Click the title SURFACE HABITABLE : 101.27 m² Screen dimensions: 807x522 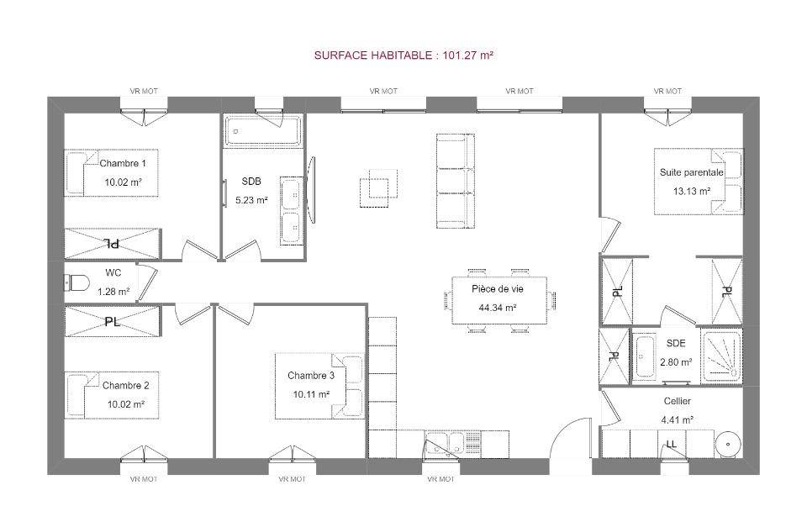point(403,55)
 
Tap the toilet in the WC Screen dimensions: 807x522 point(76,282)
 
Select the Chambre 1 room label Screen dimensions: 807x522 point(123,163)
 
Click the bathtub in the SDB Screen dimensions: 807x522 point(262,130)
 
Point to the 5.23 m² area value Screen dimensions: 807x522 point(251,200)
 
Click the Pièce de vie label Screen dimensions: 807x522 point(497,289)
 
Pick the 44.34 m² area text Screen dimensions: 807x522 point(497,308)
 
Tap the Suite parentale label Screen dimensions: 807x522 point(691,172)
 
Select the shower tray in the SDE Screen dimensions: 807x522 point(721,356)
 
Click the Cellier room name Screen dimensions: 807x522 point(678,401)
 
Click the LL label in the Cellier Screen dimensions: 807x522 point(671,444)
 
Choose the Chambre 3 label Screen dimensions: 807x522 point(311,375)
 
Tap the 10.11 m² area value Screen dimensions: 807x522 point(311,394)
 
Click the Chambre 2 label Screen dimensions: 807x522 point(125,385)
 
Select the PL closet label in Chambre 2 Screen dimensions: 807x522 point(112,322)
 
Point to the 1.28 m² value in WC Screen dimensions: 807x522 point(113,292)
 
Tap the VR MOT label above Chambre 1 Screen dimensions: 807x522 point(144,91)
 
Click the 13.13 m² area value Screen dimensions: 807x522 point(692,191)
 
